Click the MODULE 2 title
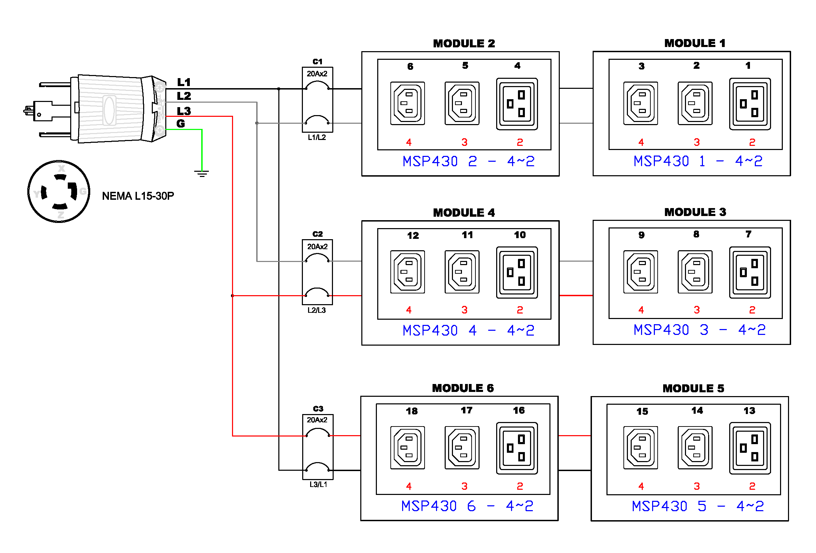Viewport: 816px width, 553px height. tap(464, 44)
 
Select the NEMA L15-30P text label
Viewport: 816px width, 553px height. tap(138, 196)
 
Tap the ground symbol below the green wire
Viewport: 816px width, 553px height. tap(202, 174)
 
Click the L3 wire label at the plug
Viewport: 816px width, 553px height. tap(184, 111)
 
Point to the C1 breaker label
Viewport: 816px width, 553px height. tap(317, 62)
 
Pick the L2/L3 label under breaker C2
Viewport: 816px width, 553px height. tap(317, 310)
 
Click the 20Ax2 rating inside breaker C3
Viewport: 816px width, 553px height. tap(317, 420)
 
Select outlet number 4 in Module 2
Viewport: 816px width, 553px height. tap(517, 104)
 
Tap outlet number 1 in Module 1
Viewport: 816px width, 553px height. tap(750, 104)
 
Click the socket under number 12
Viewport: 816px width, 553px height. tap(408, 272)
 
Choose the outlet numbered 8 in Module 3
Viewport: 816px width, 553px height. tap(695, 272)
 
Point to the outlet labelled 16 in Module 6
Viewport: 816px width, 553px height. tap(517, 448)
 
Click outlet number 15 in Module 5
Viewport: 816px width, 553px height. tap(641, 448)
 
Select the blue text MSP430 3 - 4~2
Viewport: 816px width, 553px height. tap(699, 330)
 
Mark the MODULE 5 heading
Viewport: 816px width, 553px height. tap(694, 388)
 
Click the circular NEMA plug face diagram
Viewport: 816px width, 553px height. tap(59, 191)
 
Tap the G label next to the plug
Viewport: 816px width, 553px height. tap(180, 123)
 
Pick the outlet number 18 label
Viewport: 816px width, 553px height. tap(412, 411)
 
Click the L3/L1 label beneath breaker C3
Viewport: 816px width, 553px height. tap(318, 485)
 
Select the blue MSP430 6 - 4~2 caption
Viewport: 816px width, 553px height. tap(467, 506)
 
